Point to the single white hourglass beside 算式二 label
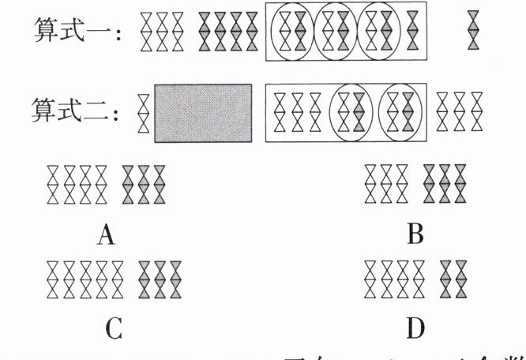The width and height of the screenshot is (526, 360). click(143, 111)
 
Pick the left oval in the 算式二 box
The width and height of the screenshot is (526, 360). click(351, 111)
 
